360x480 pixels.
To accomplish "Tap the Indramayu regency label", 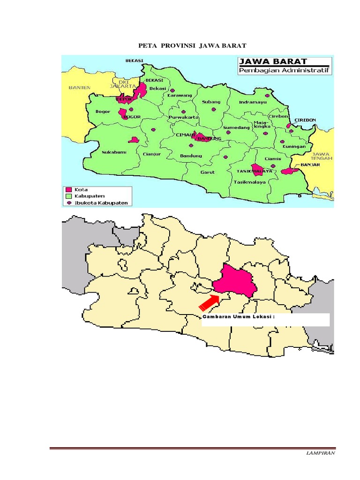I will (x=252, y=102).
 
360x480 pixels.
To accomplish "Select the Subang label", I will (x=210, y=102).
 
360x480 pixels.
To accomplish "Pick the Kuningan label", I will (x=294, y=146).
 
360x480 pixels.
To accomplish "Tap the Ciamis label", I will (x=273, y=158).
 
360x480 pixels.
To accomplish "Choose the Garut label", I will (x=207, y=172).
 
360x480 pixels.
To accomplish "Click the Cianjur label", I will (x=152, y=153).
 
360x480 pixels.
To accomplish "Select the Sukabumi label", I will (x=114, y=152).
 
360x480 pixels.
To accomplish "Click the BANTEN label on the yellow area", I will (x=79, y=87).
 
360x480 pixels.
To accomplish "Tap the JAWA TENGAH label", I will (x=322, y=156).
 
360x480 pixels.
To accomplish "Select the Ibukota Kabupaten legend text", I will (x=101, y=202).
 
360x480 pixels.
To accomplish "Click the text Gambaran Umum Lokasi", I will (x=238, y=316).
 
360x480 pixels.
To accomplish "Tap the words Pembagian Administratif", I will (x=284, y=71).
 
